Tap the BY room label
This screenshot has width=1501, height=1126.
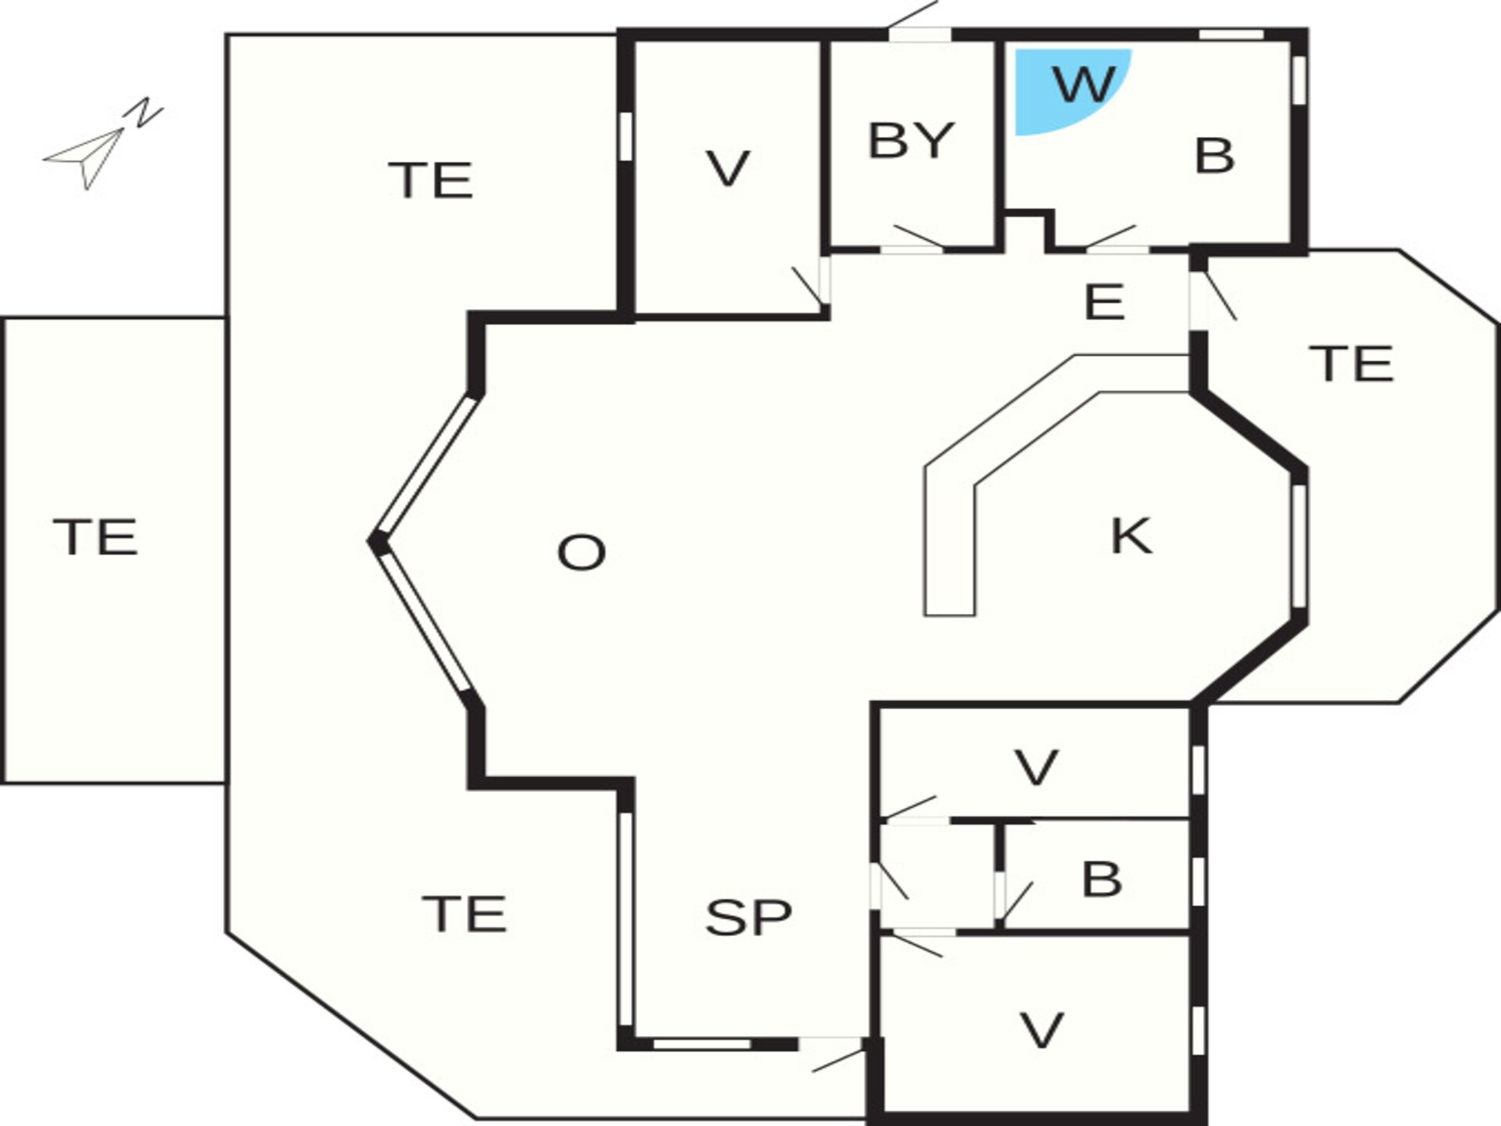click(x=912, y=141)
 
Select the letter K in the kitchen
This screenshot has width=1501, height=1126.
click(x=1131, y=536)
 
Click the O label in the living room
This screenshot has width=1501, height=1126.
click(x=582, y=553)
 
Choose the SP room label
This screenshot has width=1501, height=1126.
click(x=748, y=917)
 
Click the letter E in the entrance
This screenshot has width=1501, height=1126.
click(x=1105, y=302)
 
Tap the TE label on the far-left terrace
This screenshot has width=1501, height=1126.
click(x=95, y=537)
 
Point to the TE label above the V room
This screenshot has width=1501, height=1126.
click(x=431, y=181)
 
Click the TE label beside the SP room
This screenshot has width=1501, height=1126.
click(x=464, y=913)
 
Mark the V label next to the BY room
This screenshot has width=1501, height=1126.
click(x=728, y=169)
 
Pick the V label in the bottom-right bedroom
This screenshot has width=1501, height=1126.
click(x=1042, y=1030)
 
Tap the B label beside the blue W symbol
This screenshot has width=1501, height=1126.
click(x=1215, y=156)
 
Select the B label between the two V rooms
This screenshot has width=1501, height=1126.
click(x=1102, y=878)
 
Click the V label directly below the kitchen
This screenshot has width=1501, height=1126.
click(x=1037, y=767)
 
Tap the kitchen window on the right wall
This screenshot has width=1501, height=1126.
click(x=1299, y=546)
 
